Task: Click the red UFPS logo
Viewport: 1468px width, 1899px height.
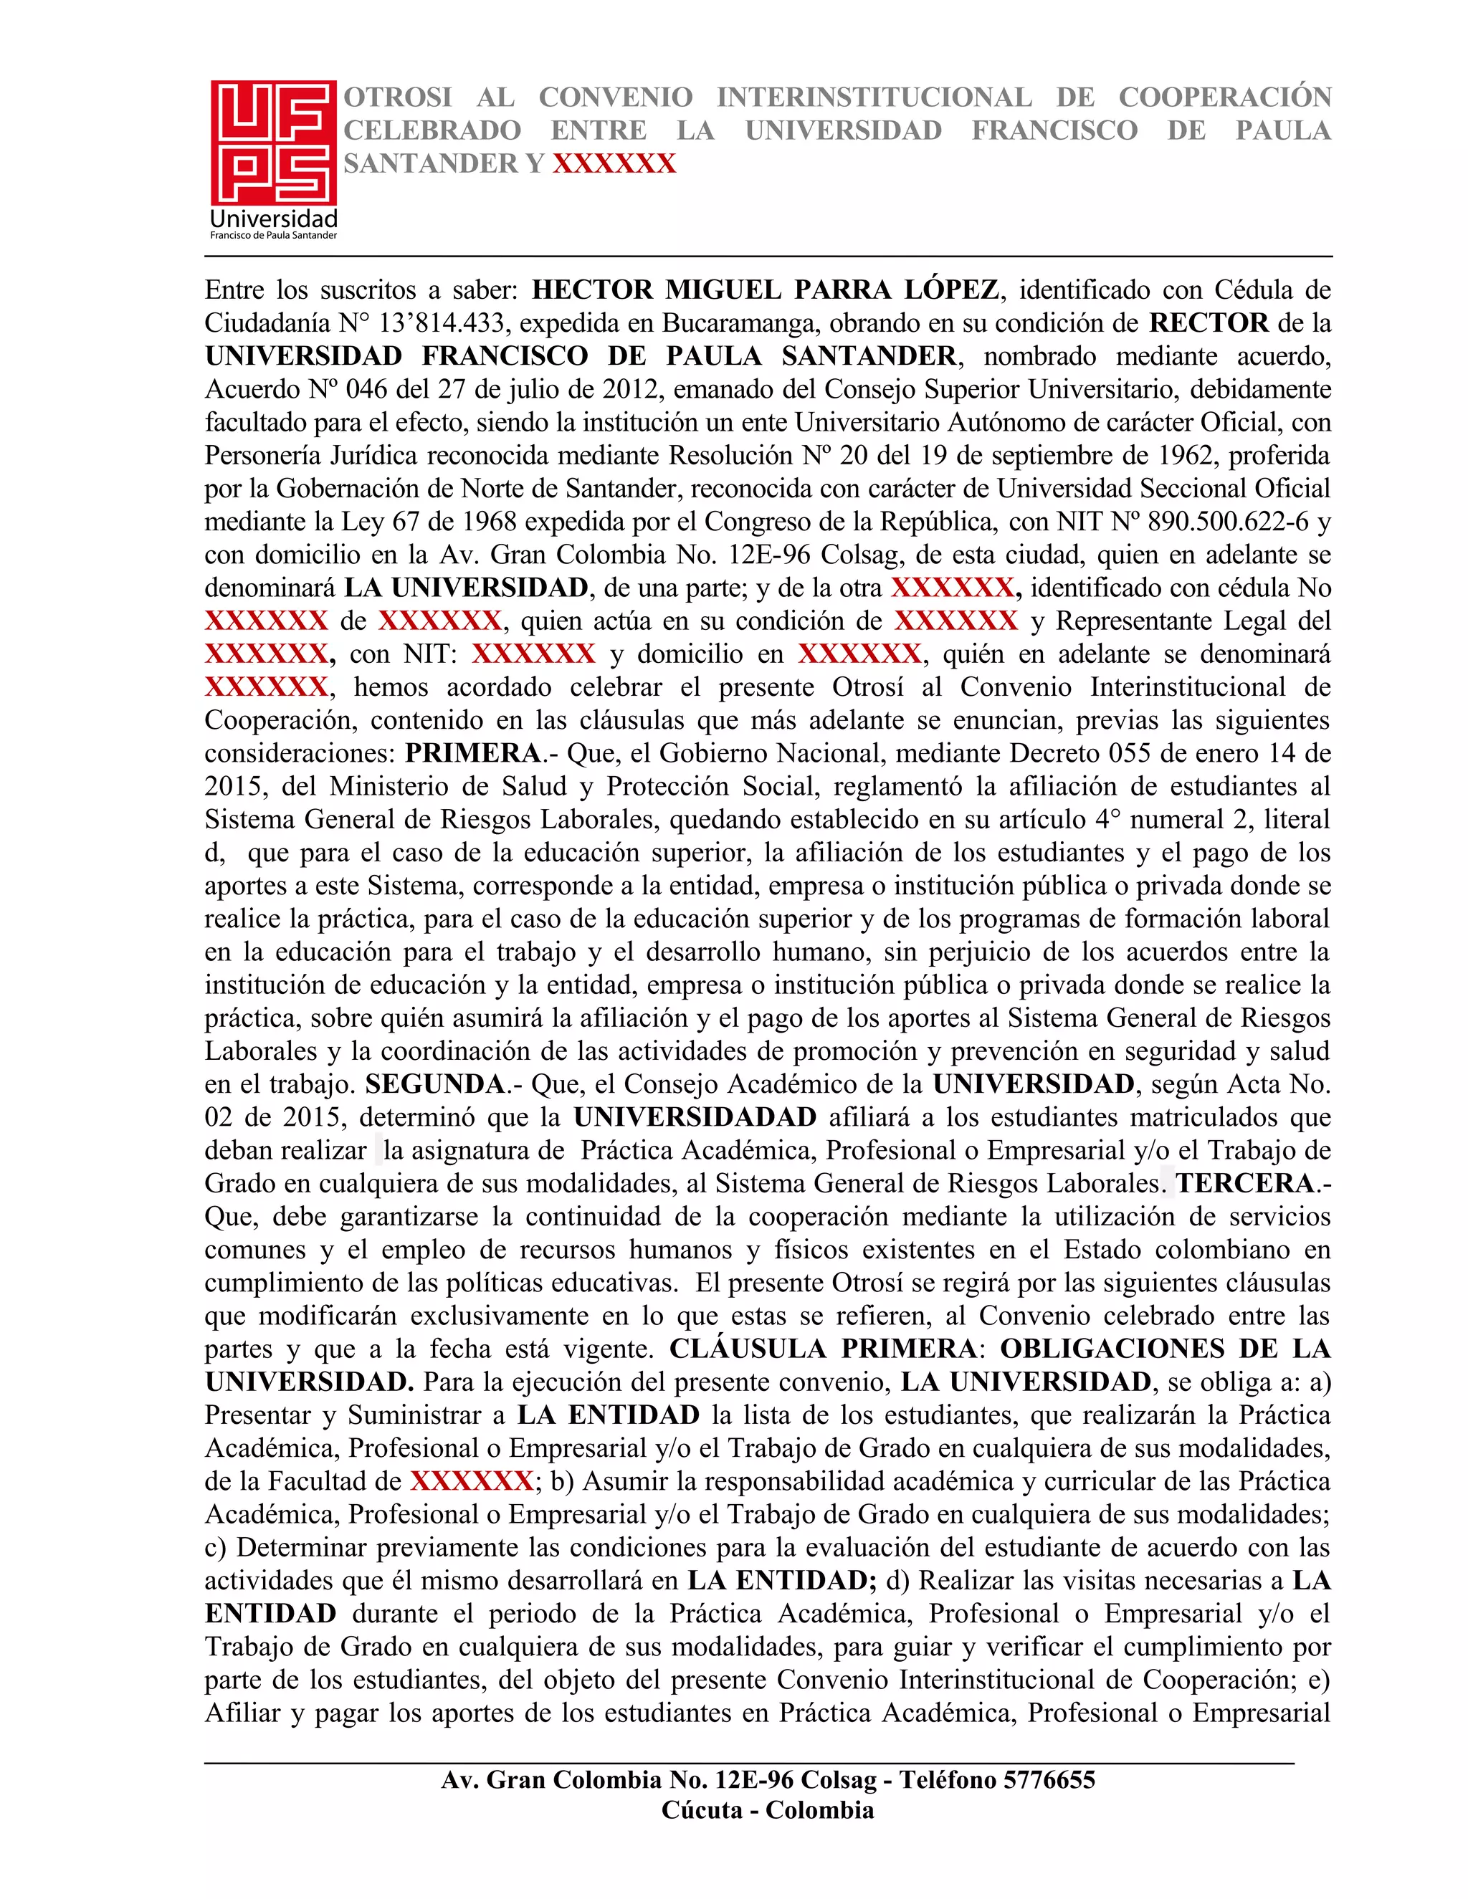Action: [273, 143]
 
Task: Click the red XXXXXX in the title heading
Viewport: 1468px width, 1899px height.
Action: [614, 163]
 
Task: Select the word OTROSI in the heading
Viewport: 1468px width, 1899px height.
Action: [397, 97]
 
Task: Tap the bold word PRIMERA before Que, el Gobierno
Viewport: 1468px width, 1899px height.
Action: [473, 753]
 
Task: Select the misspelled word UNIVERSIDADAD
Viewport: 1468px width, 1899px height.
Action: [695, 1117]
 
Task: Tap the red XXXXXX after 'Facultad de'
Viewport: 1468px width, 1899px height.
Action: [472, 1481]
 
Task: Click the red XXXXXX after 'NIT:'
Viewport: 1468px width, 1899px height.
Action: [533, 654]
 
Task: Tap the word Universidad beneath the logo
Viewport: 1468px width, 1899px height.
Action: [274, 219]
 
